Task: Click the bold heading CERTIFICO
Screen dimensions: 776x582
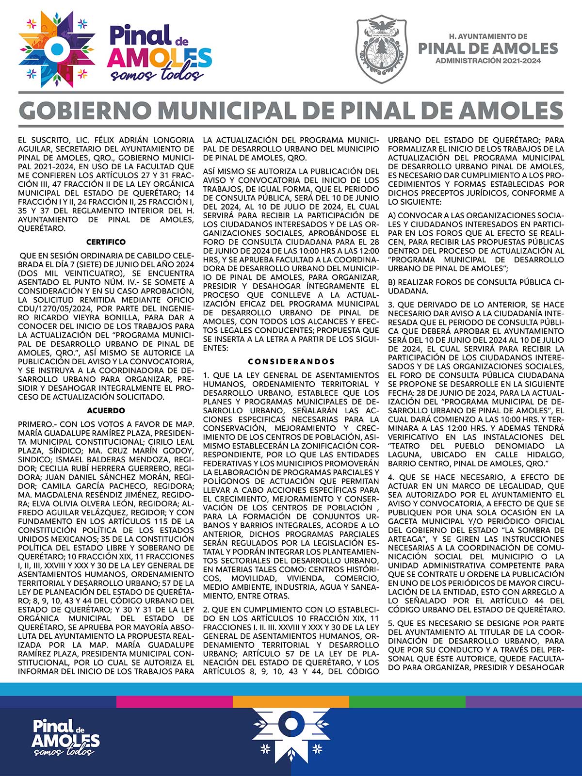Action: pos(106,242)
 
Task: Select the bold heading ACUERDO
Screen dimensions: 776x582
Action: pos(106,411)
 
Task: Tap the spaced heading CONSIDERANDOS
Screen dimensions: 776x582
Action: pos(291,362)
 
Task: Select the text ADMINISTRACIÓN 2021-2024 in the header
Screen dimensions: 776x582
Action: pos(488,61)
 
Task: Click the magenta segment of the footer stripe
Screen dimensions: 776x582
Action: pos(175,702)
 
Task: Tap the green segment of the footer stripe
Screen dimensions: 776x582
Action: pos(407,702)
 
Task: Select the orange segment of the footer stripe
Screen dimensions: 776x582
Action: pos(291,702)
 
